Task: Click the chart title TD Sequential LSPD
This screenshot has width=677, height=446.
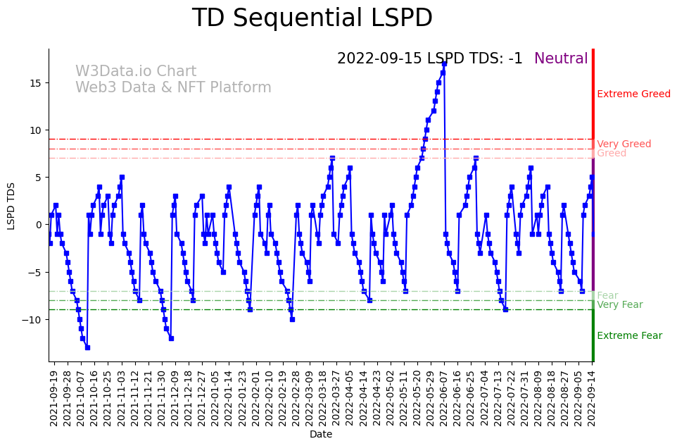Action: (x=312, y=18)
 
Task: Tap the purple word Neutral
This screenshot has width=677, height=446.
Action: (x=561, y=58)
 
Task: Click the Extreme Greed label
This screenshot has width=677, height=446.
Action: (x=633, y=94)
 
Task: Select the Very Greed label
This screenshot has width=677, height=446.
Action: (x=624, y=144)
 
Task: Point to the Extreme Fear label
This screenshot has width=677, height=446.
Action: (x=629, y=335)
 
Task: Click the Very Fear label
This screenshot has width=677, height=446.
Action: (x=619, y=304)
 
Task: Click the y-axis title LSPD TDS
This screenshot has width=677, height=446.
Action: (x=11, y=205)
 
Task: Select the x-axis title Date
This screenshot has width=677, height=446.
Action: (x=320, y=434)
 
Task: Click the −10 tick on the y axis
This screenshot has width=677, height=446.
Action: (x=34, y=319)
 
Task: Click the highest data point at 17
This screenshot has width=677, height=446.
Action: (x=444, y=63)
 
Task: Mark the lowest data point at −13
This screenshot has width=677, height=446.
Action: (x=87, y=347)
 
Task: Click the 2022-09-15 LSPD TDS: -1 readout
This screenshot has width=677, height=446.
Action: (x=429, y=58)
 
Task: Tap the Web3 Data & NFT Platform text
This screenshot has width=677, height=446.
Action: (x=173, y=87)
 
